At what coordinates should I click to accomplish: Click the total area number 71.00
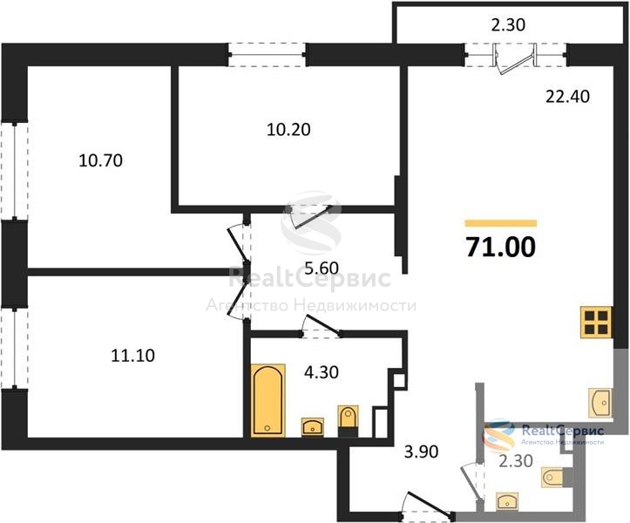(501, 247)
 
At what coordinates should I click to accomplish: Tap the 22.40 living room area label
(567, 97)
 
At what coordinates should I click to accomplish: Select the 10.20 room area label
(288, 130)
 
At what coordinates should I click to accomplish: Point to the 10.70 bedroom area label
(100, 160)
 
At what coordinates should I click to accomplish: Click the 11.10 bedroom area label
(132, 356)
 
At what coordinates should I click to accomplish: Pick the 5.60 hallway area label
(322, 268)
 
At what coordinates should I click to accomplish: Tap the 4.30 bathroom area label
(322, 372)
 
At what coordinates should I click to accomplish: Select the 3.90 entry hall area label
(421, 452)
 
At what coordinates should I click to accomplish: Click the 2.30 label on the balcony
(508, 25)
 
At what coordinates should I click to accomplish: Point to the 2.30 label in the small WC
(516, 461)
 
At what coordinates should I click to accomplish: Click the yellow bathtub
(268, 400)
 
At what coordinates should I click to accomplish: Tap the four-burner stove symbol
(596, 322)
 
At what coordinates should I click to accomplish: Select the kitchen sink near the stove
(600, 403)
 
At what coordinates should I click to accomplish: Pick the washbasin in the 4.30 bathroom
(313, 426)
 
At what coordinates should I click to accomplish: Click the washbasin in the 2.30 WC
(507, 501)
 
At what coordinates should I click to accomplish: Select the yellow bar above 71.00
(501, 223)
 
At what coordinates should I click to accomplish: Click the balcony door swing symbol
(515, 59)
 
